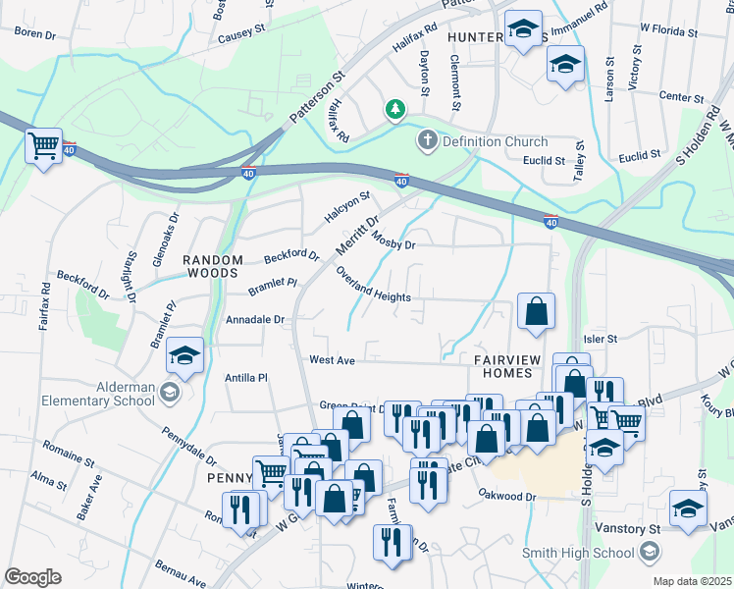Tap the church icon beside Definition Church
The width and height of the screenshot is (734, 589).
tap(427, 141)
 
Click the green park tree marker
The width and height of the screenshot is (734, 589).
tap(395, 110)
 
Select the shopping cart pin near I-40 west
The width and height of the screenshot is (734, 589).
tap(44, 147)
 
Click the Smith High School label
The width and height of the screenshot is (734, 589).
tap(579, 553)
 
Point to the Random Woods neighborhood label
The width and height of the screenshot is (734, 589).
tap(212, 266)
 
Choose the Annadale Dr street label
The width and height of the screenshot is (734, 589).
tap(255, 320)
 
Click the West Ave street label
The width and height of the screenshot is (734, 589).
tap(332, 360)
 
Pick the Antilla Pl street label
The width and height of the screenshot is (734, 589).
tap(246, 377)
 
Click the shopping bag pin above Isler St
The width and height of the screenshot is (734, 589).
tap(536, 311)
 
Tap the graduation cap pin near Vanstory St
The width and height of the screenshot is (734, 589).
tap(688, 509)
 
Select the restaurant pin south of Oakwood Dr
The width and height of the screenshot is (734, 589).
tap(393, 542)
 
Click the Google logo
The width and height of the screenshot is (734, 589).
tap(32, 577)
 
